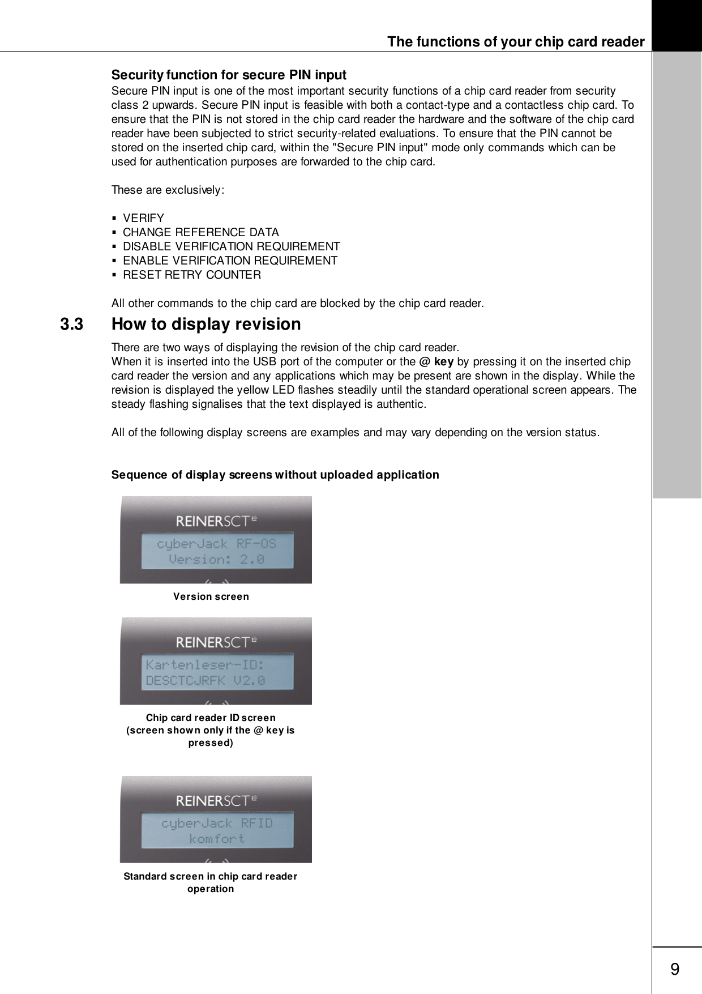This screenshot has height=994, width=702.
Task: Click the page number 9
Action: click(x=675, y=970)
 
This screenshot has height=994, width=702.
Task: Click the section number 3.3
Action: click(x=71, y=325)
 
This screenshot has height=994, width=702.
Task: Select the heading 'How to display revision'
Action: click(x=206, y=325)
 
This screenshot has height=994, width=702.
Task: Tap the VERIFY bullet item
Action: click(x=143, y=218)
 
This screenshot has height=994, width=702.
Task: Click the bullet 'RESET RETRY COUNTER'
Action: click(x=192, y=275)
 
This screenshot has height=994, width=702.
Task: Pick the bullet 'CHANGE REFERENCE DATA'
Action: click(x=200, y=232)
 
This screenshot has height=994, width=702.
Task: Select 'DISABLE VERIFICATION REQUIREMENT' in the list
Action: click(x=231, y=246)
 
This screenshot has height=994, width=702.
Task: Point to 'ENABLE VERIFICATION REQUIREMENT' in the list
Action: click(x=230, y=261)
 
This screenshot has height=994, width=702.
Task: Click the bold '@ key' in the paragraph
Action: click(x=440, y=361)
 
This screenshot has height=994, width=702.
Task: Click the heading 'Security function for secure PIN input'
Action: click(x=229, y=75)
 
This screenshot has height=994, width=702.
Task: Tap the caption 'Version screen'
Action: click(x=211, y=596)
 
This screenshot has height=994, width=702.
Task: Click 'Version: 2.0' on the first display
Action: click(x=217, y=560)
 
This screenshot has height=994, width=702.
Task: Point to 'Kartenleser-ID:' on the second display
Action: click(x=204, y=664)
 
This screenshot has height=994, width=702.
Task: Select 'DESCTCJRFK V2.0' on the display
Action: click(x=206, y=681)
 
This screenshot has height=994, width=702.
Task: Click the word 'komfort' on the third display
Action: click(x=217, y=838)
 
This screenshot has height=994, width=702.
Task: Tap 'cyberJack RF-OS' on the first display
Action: click(x=217, y=544)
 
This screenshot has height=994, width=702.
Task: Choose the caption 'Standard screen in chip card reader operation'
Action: click(x=211, y=882)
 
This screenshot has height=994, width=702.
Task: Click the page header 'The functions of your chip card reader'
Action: click(x=515, y=42)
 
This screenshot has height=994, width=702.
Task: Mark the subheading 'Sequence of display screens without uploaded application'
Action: click(x=275, y=475)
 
